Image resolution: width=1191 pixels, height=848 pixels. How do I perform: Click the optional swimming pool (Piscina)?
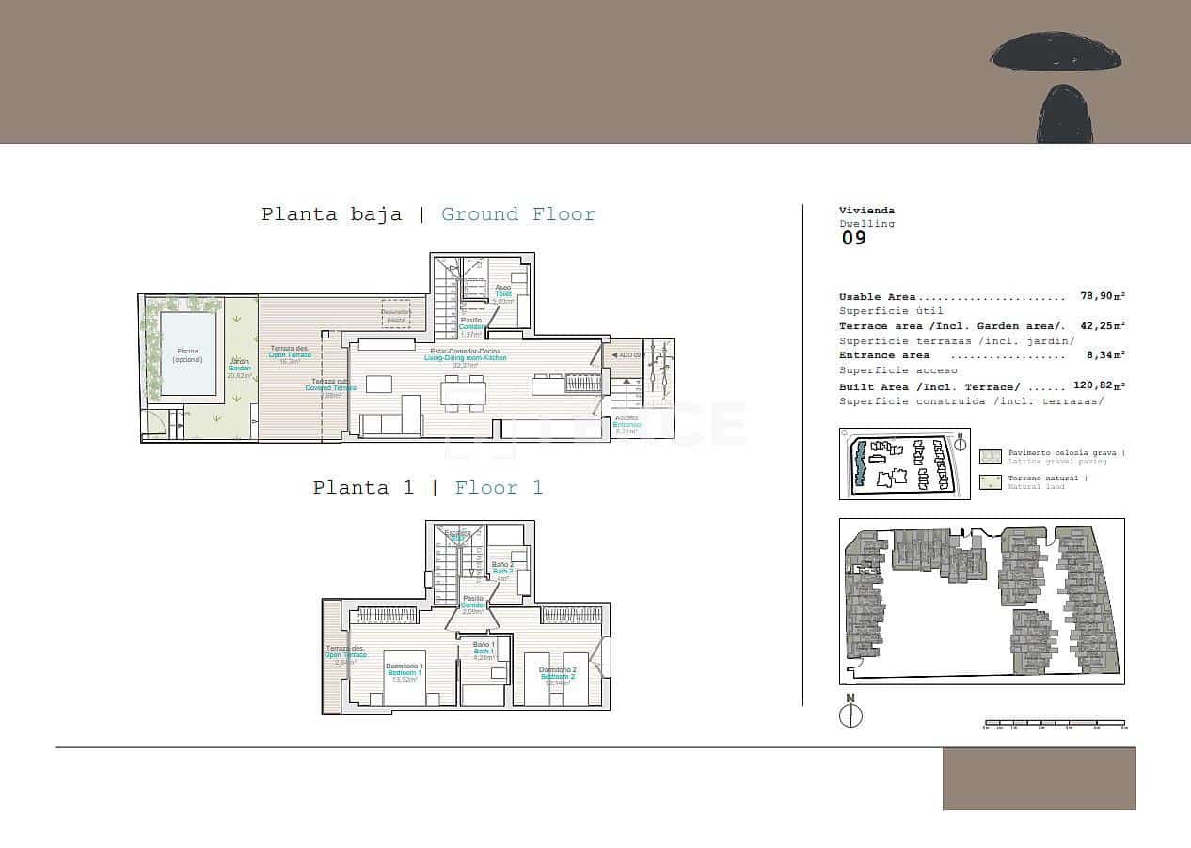tap(187, 353)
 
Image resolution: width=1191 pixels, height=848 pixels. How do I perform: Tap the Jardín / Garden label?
tap(239, 368)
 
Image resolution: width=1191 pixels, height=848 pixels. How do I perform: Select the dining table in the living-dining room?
tap(463, 392)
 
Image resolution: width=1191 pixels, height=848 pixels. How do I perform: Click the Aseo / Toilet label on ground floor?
tap(503, 291)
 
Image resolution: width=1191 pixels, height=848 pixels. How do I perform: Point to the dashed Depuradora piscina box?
tap(397, 314)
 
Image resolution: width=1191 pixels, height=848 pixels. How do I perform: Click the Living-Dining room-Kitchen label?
tap(465, 354)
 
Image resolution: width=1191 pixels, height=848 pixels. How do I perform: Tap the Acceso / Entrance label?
tap(627, 421)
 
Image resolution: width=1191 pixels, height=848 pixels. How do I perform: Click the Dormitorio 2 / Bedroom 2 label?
tap(557, 673)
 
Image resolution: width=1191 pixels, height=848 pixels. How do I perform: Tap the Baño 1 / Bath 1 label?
tap(484, 649)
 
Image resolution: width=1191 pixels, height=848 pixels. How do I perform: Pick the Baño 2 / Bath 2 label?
tap(503, 568)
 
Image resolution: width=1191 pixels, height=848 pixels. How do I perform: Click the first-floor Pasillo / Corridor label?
tap(473, 602)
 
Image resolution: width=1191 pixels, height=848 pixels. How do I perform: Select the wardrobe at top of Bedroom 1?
tap(384, 615)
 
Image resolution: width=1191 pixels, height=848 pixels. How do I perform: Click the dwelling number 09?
tap(853, 238)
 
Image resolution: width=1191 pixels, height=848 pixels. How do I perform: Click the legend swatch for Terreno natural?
tap(990, 482)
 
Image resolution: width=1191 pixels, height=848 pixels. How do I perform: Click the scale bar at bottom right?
tap(1054, 724)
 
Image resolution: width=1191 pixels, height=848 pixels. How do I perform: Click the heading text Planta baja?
tap(331, 214)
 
